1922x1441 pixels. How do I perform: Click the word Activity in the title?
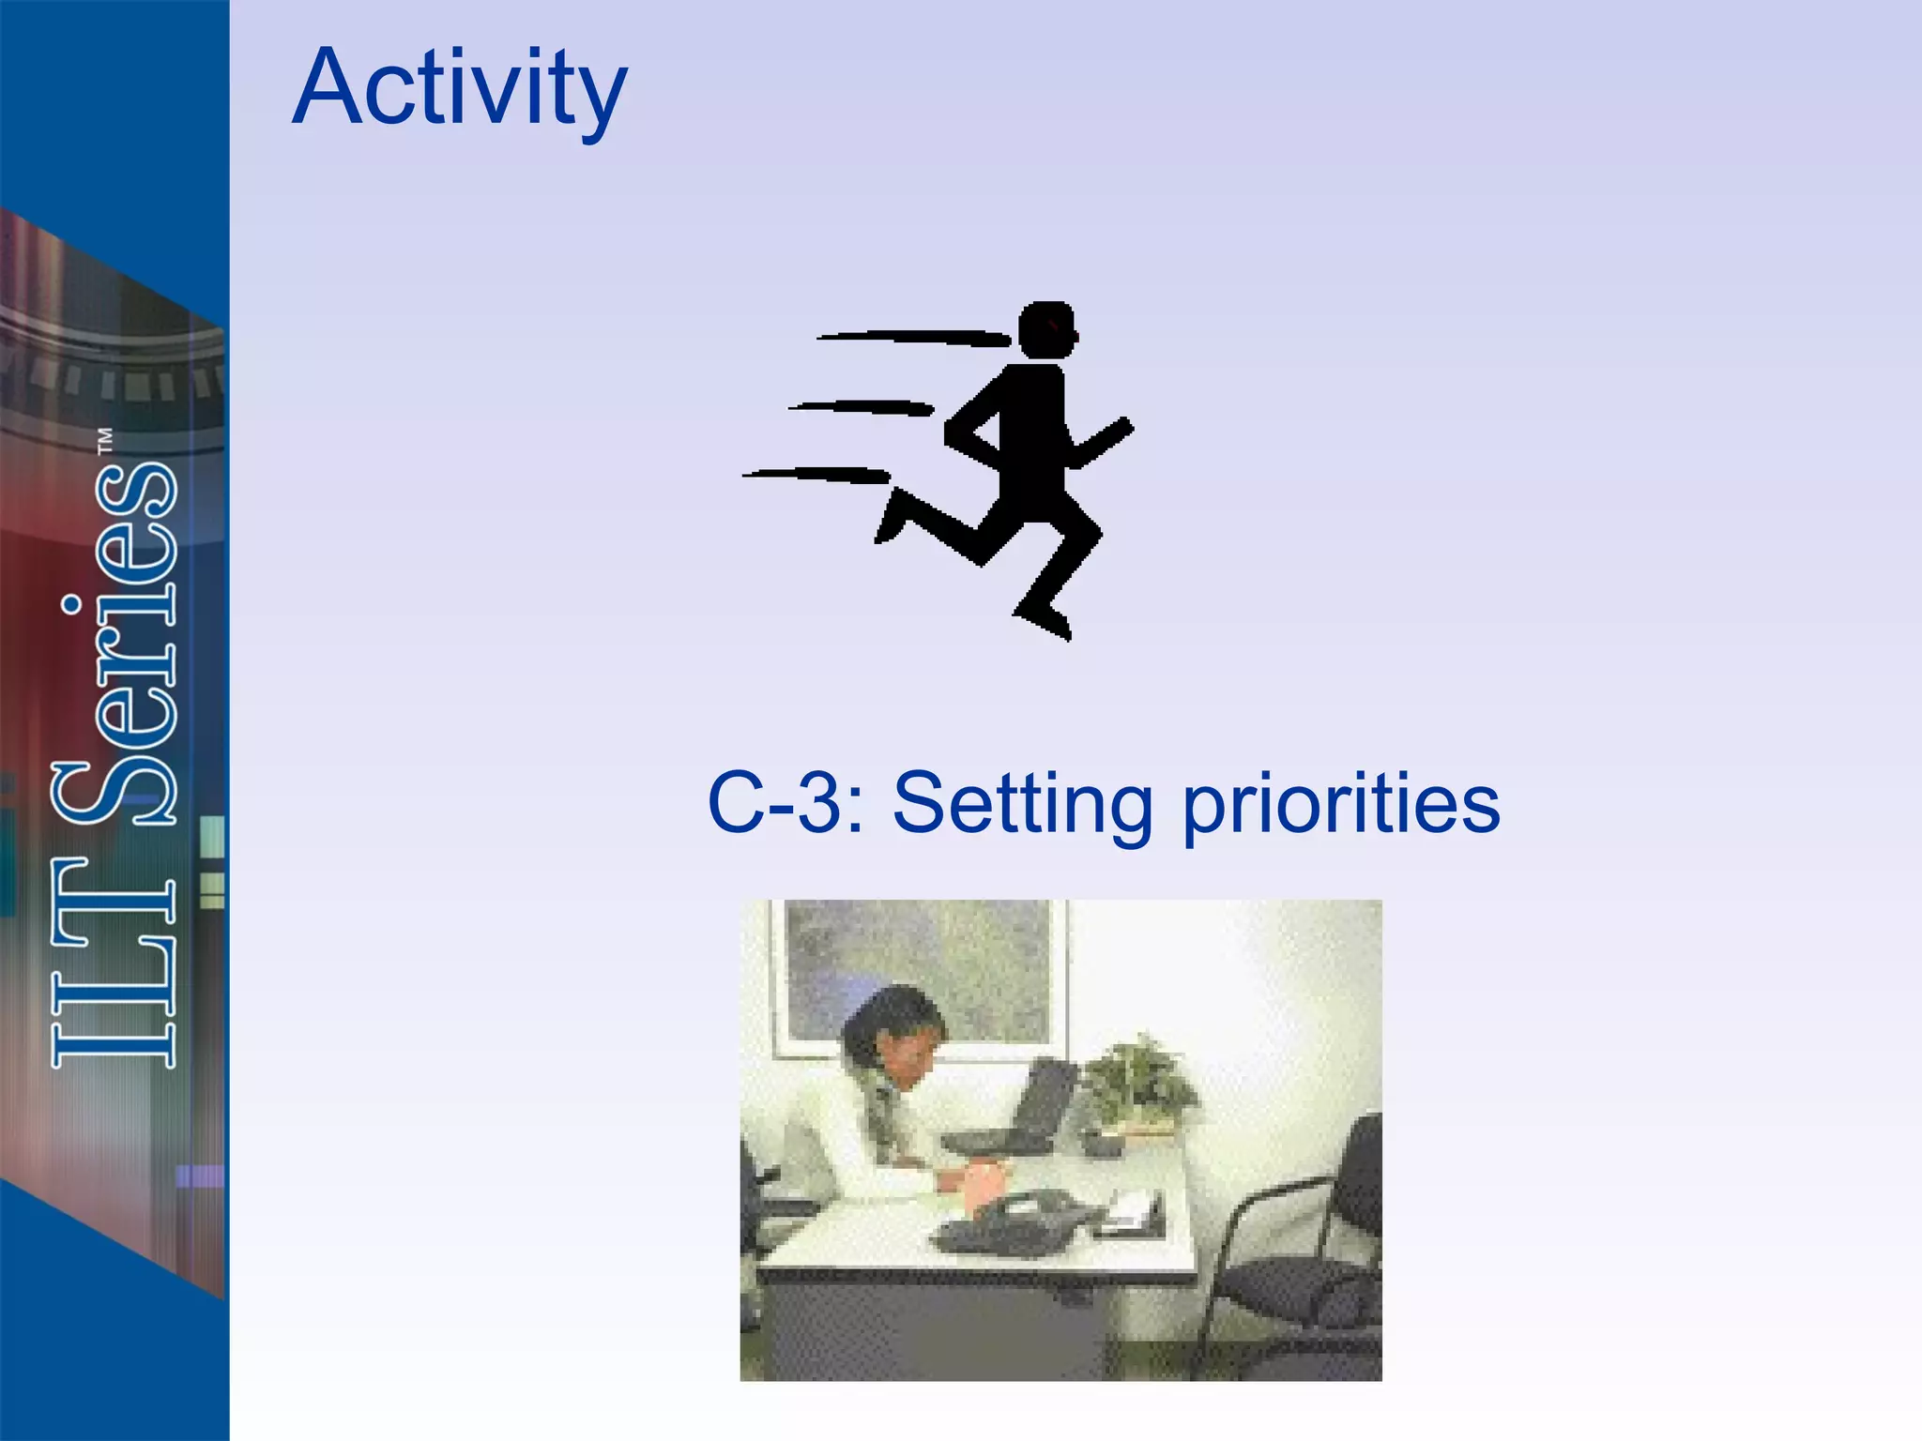[x=459, y=89]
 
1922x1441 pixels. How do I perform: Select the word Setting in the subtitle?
[x=1021, y=804]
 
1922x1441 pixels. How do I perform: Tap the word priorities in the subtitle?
[x=1340, y=804]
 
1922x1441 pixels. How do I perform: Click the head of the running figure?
[x=1047, y=329]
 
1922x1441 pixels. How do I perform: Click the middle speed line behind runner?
[x=859, y=407]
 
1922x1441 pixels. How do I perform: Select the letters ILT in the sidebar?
[x=113, y=966]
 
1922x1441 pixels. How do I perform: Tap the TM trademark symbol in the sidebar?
[x=105, y=441]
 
